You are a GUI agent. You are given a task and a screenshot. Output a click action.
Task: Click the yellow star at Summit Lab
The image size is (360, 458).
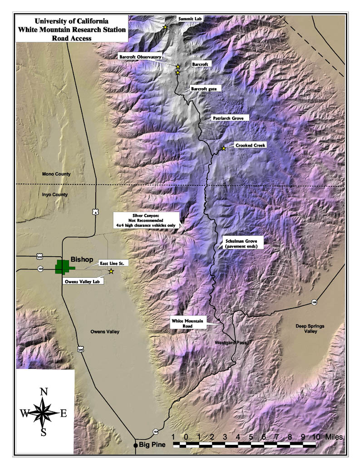coord(165,28)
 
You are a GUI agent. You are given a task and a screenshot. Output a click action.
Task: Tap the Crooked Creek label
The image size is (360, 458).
coord(250,145)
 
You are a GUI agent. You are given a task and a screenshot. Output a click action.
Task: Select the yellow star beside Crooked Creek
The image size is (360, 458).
coord(223,149)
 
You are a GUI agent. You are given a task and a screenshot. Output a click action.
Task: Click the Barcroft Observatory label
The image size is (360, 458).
coord(140,57)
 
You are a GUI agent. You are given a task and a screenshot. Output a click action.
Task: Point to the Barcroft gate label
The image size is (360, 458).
coord(203,89)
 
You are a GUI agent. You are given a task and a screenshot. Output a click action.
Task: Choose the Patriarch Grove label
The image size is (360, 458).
coord(228,118)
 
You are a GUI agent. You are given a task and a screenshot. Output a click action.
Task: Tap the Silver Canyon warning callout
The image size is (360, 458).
coord(146,219)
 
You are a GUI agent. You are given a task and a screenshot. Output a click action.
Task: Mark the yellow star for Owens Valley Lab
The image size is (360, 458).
coord(111,271)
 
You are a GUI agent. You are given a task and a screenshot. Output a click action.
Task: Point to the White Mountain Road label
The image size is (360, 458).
coord(188,323)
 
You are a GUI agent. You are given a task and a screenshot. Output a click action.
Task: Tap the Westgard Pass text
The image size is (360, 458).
coord(230,343)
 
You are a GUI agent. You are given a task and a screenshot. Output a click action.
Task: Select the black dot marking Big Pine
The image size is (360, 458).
coord(135,445)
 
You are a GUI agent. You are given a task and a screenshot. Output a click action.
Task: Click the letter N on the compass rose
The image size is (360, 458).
coord(44,392)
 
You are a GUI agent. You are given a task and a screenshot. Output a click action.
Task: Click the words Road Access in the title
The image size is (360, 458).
coord(72,38)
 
